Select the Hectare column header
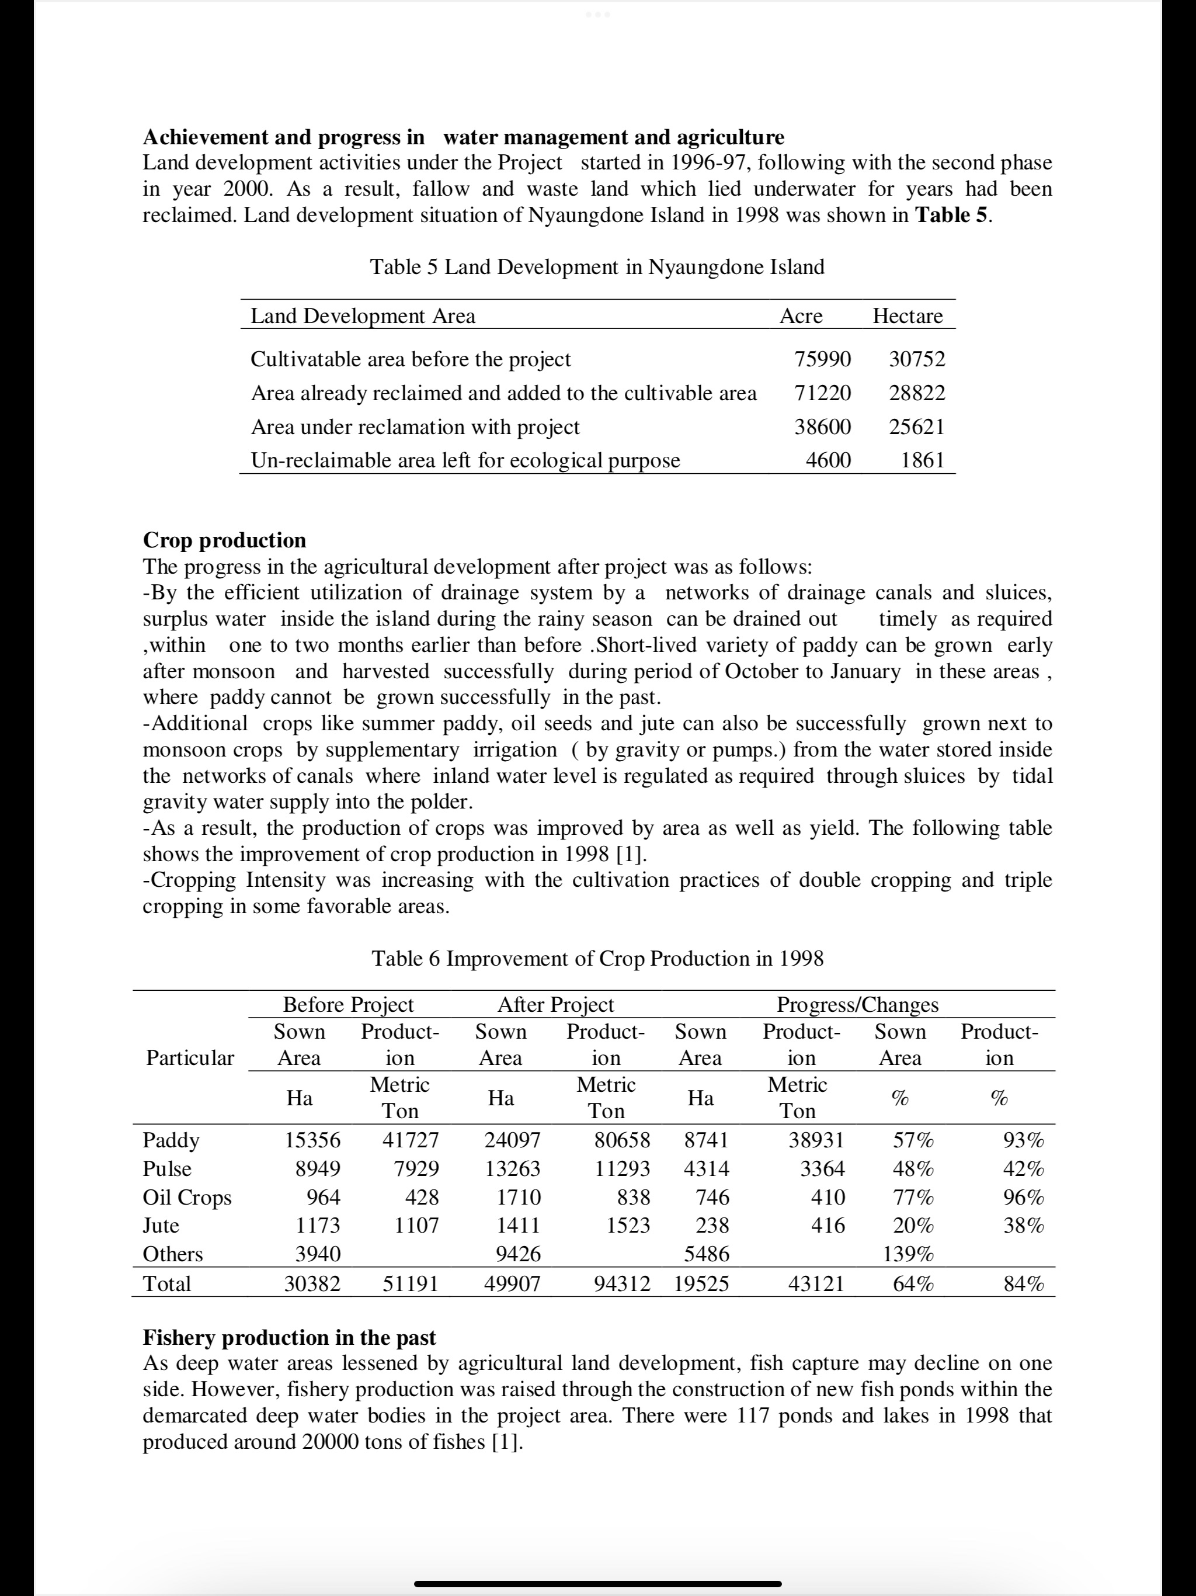tap(907, 316)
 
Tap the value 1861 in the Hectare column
tap(922, 460)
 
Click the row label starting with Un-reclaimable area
tap(465, 460)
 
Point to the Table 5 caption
tap(597, 267)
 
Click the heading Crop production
tap(224, 540)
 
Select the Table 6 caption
tap(597, 958)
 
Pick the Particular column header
tap(190, 1058)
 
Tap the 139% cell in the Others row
tap(908, 1254)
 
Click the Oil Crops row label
tap(187, 1197)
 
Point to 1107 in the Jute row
tap(416, 1225)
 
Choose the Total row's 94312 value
tap(622, 1283)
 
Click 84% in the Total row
tap(1024, 1283)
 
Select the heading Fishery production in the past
tap(289, 1337)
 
